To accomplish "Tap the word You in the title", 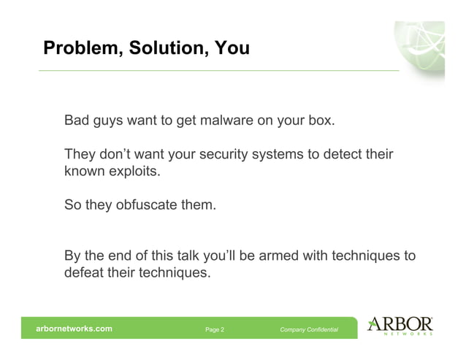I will [232, 49].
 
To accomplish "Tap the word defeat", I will [83, 275].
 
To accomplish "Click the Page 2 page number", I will [215, 329].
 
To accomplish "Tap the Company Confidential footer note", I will [309, 329].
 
